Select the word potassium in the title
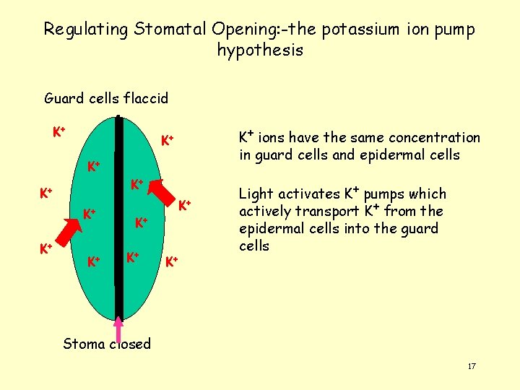(x=358, y=30)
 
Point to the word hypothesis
(x=260, y=51)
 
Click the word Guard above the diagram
(x=63, y=97)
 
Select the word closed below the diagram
(x=130, y=344)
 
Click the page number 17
(x=472, y=367)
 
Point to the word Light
(x=256, y=194)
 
